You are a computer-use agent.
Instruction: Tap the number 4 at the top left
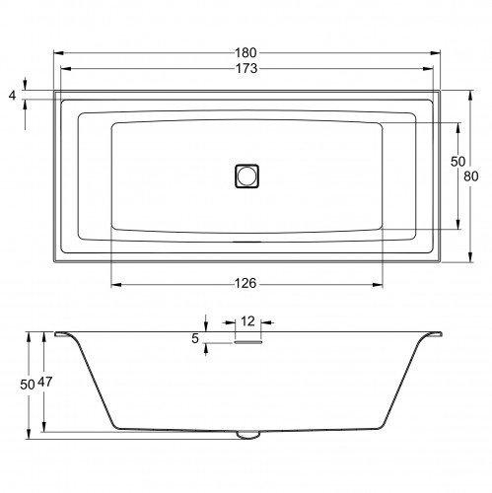(x=12, y=95)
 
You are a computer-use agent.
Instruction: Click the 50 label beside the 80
(x=457, y=161)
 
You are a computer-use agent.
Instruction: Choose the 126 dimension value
(x=246, y=284)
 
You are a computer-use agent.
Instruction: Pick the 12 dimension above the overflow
(x=247, y=321)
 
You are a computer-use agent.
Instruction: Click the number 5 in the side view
(x=195, y=338)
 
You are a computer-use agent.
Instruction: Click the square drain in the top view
(x=246, y=176)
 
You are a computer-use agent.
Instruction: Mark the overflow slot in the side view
(x=247, y=342)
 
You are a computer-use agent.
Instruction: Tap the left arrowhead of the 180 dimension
(x=56, y=51)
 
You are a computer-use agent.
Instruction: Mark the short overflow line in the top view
(x=246, y=239)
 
